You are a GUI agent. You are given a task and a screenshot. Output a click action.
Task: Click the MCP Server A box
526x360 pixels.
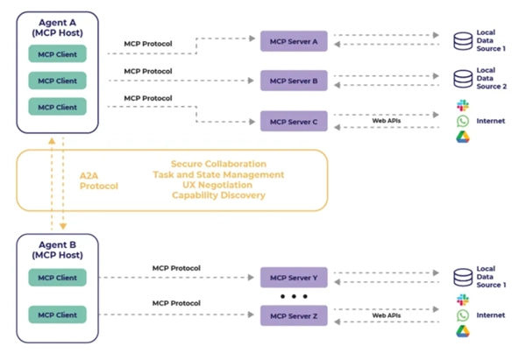(294, 41)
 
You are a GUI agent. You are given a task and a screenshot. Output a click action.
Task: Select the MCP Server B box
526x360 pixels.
(294, 81)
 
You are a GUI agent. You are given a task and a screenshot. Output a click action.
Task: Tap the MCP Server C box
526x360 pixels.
(294, 122)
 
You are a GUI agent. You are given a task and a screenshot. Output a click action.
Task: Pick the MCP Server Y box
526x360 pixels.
(294, 278)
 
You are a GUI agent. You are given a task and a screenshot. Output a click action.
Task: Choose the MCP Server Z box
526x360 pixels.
(294, 314)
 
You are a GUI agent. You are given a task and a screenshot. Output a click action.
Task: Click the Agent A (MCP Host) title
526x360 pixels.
(57, 25)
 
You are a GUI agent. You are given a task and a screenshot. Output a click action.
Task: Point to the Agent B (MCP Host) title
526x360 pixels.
(57, 250)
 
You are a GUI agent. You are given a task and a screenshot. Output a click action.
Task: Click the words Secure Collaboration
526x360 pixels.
(218, 164)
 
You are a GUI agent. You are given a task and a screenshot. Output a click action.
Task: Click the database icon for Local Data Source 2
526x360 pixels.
(462, 80)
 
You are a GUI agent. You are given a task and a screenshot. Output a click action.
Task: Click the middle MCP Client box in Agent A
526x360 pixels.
(57, 81)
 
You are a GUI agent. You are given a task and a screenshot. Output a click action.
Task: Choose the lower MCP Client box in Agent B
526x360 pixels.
(57, 314)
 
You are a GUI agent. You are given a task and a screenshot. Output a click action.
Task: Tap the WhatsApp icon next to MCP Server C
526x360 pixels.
(463, 121)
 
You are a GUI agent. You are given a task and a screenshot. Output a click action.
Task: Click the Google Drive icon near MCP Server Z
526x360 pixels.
(463, 331)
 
